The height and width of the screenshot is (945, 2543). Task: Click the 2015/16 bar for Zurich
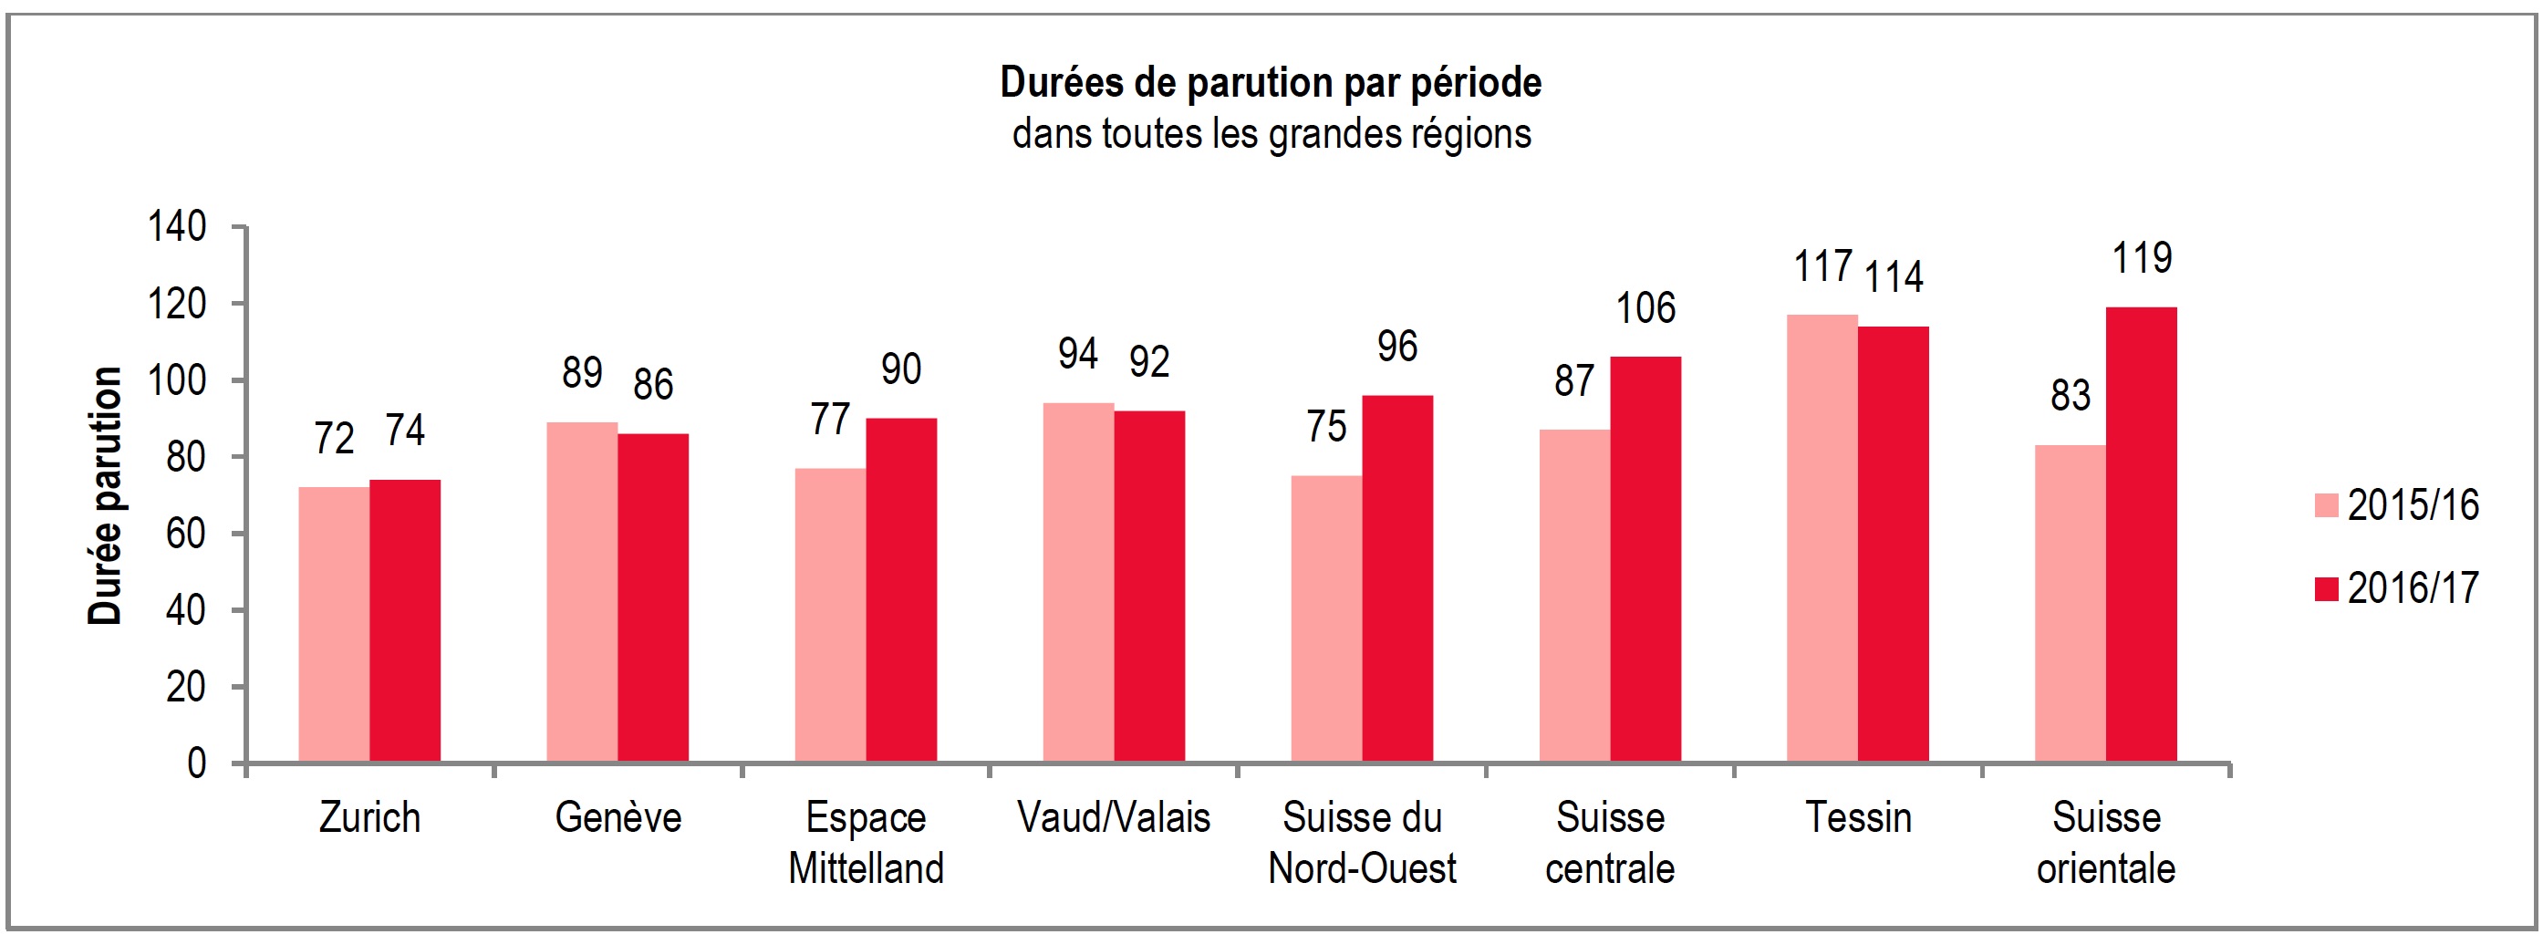(x=334, y=624)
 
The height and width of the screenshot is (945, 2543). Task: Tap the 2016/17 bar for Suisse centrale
(x=1645, y=559)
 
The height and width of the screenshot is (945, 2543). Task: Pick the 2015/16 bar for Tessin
(x=1822, y=538)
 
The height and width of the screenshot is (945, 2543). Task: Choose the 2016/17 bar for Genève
(x=652, y=597)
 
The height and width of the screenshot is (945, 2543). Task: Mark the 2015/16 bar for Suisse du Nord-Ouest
(x=1326, y=618)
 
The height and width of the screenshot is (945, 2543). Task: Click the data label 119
(x=2142, y=259)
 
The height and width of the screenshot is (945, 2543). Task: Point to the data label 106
(x=1645, y=309)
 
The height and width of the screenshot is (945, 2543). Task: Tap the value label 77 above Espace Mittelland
(x=829, y=420)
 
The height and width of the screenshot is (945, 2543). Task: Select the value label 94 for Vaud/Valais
(x=1077, y=355)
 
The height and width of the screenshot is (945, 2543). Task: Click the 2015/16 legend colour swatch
(x=2326, y=505)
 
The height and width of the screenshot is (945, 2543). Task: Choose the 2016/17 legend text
(x=2412, y=588)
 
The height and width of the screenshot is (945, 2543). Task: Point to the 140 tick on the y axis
(x=177, y=227)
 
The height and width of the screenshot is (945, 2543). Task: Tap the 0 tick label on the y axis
(x=196, y=763)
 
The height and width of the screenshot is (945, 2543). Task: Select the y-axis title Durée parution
(x=105, y=495)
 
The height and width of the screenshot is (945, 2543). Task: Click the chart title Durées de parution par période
(x=1271, y=83)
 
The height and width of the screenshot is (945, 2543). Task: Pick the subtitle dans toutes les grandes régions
(x=1271, y=134)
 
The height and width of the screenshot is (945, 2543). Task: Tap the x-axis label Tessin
(x=1858, y=817)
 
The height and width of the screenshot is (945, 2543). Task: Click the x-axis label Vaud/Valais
(x=1114, y=817)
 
